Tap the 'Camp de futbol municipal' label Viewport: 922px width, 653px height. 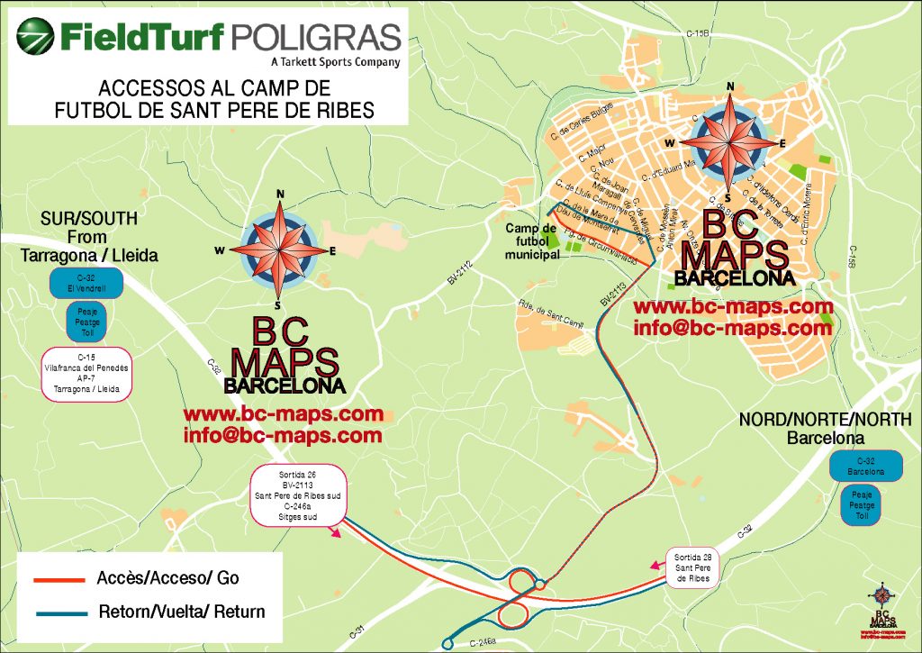(x=532, y=241)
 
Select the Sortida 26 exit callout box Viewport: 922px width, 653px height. (x=297, y=494)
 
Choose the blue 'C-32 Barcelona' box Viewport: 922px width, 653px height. (x=864, y=466)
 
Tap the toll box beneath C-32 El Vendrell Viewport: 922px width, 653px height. (x=87, y=320)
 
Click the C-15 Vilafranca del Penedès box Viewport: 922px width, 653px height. (x=87, y=374)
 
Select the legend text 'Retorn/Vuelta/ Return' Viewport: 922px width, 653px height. (x=182, y=612)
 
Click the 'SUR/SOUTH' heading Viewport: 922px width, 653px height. (x=88, y=219)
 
